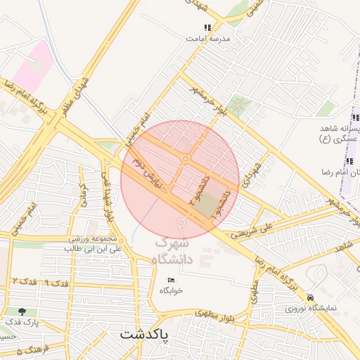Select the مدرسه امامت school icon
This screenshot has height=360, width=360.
click(207, 28)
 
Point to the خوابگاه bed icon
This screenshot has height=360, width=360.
click(171, 281)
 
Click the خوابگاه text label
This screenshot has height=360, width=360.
click(171, 290)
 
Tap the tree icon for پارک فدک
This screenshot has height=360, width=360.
click(22, 311)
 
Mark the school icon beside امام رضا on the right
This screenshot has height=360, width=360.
click(349, 162)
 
